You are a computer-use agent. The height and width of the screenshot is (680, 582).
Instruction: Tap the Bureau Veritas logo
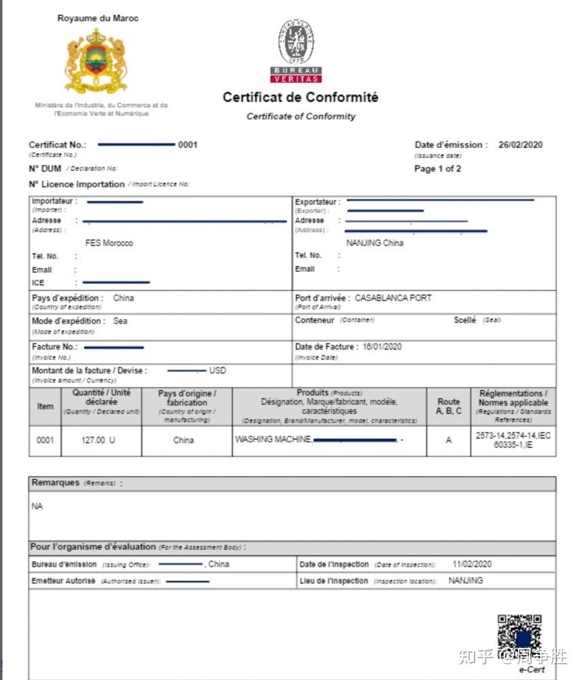pos(296,51)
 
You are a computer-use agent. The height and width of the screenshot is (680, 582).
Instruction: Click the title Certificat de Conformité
pos(301,97)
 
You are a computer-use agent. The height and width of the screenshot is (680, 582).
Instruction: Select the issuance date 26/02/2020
pos(520,145)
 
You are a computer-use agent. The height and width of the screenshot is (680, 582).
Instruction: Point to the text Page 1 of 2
pos(437,169)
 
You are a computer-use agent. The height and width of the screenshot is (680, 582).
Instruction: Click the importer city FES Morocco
pos(109,243)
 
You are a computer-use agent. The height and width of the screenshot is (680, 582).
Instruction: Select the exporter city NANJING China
pos(375,243)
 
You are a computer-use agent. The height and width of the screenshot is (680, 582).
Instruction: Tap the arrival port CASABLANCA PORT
pos(393,298)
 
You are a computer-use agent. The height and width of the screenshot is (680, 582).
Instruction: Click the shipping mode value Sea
pos(120,321)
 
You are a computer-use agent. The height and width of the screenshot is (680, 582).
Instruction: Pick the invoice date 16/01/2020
pos(382,347)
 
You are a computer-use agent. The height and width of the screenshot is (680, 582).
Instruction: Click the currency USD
pos(218,371)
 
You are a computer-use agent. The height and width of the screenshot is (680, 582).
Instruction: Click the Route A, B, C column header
pos(448,406)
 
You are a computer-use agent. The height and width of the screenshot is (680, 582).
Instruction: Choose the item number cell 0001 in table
pos(45,440)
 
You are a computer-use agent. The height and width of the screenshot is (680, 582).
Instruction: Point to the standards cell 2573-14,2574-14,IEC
pos(513,435)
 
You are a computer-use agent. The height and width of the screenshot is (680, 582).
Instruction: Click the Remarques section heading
pos(55,483)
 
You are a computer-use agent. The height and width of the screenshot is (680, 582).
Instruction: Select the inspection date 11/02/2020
pos(472,564)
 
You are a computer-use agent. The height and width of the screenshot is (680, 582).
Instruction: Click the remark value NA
pos(37,507)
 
